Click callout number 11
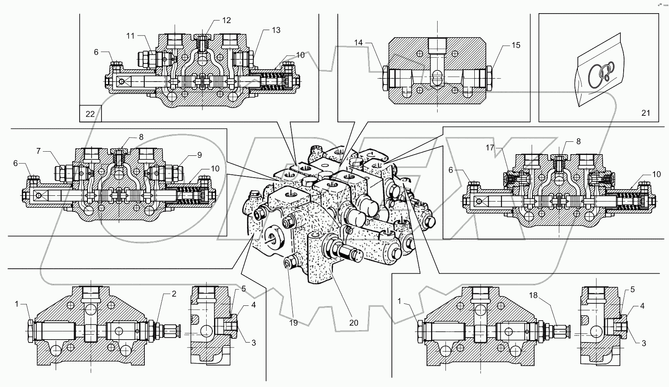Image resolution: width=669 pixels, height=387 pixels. [x=130, y=36]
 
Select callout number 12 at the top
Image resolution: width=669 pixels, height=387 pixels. [x=226, y=20]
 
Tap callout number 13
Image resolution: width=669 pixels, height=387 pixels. [x=276, y=30]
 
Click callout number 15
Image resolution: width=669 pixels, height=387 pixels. [x=516, y=45]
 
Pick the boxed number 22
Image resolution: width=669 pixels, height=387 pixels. [x=90, y=114]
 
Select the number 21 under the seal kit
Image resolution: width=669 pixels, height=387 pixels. [x=645, y=113]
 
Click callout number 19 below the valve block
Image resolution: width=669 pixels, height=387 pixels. [x=293, y=323]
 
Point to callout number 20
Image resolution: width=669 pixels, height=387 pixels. [x=353, y=323]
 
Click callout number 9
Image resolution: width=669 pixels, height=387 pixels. [x=199, y=155]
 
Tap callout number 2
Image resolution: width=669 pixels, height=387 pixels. [x=174, y=294]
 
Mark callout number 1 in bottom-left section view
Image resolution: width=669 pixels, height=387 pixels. [x=17, y=304]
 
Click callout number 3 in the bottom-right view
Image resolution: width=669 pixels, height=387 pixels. [x=643, y=343]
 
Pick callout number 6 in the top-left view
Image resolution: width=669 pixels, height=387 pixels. [x=96, y=52]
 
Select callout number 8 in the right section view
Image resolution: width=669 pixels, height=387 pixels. [x=578, y=141]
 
